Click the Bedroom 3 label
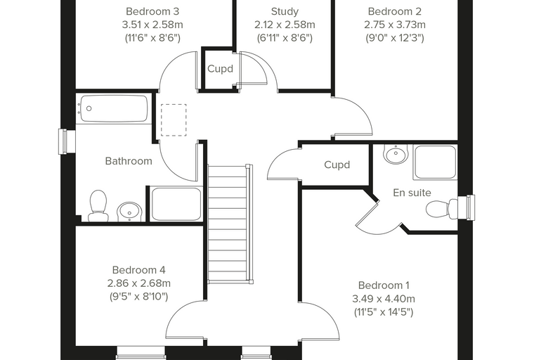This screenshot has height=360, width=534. point(152,11)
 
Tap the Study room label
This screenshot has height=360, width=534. point(285,11)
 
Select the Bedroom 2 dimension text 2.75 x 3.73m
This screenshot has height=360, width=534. point(395,25)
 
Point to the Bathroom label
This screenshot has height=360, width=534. point(129,161)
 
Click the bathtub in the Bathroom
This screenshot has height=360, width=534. point(114,109)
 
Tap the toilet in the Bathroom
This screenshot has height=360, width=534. point(98,205)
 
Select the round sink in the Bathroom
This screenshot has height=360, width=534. point(129,212)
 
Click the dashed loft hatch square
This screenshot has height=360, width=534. point(174,120)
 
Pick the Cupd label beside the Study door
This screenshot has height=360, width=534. point(221,69)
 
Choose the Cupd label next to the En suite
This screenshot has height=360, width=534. point(337,165)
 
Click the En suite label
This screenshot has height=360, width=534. point(412,193)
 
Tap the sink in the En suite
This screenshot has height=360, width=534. point(396,153)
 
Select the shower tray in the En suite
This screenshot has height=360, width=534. point(435,162)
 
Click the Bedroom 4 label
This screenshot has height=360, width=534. point(138,270)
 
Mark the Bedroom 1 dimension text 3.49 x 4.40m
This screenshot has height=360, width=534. point(384,299)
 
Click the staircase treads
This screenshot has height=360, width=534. point(227,224)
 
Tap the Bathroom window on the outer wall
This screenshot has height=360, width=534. point(67,141)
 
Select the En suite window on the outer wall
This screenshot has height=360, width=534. point(466,208)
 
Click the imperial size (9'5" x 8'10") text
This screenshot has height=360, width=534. point(138,297)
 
